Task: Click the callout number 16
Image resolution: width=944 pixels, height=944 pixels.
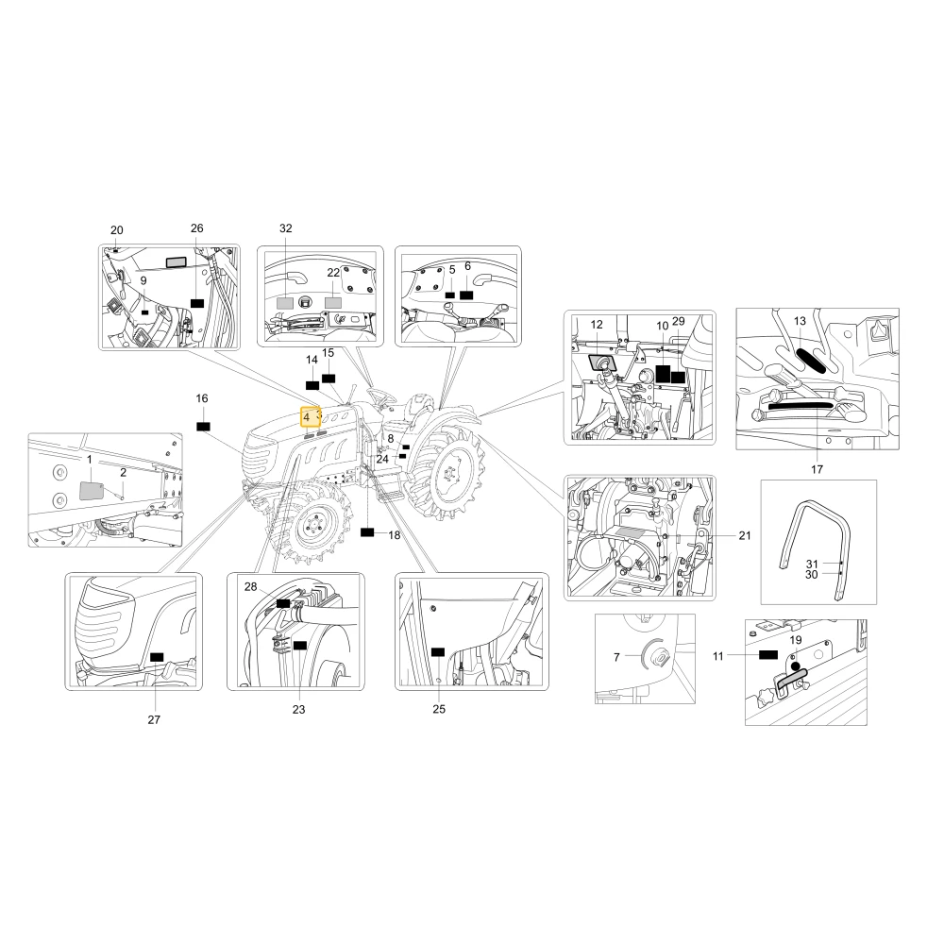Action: pos(202,398)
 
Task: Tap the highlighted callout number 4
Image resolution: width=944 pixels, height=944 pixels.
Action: pos(307,416)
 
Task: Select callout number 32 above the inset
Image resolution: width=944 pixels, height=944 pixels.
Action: pos(286,228)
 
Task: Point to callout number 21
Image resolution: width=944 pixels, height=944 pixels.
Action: pos(745,535)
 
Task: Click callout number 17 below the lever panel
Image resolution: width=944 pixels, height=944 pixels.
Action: pos(817,469)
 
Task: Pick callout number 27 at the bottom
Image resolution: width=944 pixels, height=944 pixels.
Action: pos(154,719)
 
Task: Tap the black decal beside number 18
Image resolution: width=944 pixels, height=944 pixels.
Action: pos(367,532)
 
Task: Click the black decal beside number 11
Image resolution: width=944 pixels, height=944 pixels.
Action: pos(768,654)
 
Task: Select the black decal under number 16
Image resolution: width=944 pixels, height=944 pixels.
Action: pos(204,427)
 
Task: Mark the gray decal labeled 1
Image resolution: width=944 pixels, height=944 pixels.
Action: pos(91,490)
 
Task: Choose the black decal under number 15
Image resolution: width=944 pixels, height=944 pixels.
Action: pos(329,379)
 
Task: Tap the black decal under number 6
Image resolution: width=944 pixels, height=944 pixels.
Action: pos(466,295)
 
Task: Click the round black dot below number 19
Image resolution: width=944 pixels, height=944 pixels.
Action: pos(795,666)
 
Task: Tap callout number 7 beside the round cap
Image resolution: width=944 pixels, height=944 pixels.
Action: pos(616,657)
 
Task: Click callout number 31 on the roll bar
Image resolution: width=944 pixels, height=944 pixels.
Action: pos(812,565)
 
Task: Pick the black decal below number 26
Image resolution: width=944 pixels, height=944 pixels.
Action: pos(197,303)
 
